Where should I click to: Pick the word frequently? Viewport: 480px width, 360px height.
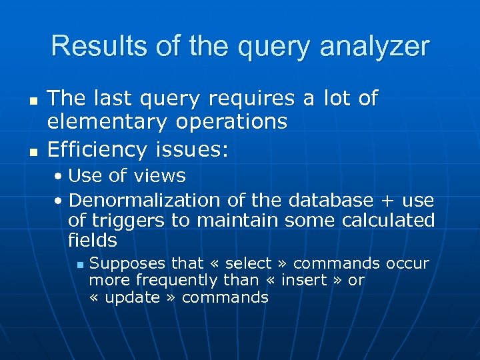point(176,281)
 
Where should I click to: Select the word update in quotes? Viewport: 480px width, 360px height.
point(133,297)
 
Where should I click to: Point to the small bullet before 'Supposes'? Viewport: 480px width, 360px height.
point(79,265)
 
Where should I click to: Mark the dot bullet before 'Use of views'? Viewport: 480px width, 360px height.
point(59,177)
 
